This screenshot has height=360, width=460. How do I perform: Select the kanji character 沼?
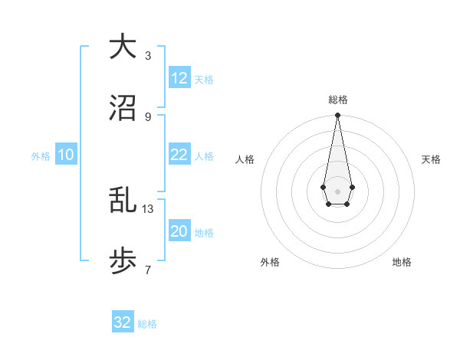123,110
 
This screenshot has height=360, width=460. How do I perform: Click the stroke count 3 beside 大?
148,55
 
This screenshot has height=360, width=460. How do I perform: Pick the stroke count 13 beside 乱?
148,208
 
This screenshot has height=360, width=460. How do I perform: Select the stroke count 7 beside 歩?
148,270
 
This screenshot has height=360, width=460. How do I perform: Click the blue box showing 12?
179,78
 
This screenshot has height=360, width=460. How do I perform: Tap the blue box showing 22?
179,155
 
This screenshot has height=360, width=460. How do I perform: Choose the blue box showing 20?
179,231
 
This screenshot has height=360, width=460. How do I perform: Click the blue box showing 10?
66,155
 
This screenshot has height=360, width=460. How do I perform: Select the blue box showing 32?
123,322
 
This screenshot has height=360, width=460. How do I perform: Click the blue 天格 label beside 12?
204,80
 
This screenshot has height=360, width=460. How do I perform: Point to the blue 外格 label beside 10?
41,156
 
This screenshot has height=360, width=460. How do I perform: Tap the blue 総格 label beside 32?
147,324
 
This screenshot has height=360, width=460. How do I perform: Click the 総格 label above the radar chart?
337,100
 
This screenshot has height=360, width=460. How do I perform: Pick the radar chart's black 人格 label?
245,159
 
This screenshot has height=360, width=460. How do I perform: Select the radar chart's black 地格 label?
402,262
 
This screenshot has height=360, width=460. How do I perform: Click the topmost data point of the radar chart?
337,116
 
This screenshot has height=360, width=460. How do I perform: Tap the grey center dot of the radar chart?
337,190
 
